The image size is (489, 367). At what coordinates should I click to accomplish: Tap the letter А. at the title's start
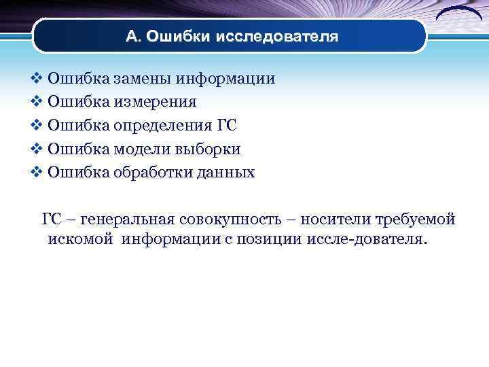134,37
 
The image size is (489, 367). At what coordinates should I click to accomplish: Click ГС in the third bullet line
227,126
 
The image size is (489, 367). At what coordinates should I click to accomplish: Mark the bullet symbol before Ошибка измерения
37,102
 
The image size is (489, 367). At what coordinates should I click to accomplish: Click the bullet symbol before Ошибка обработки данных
37,173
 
